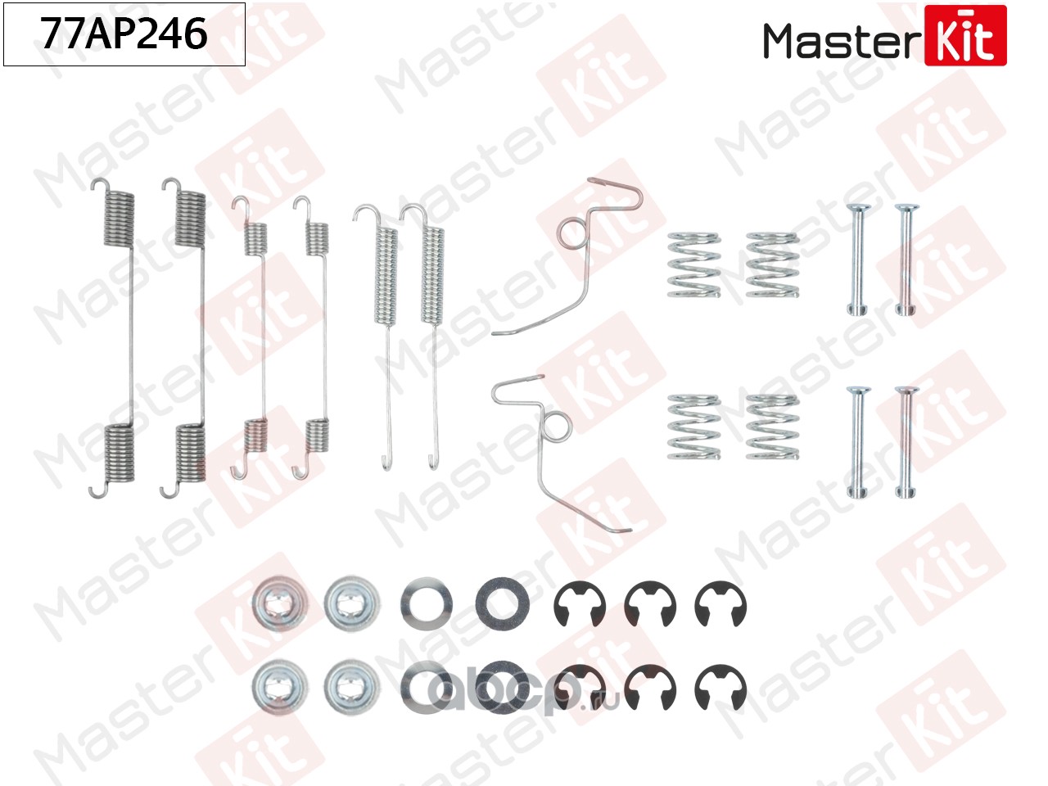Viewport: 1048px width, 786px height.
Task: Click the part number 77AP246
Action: pyautogui.click(x=124, y=34)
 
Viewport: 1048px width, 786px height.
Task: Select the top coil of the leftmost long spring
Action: pyautogui.click(x=120, y=218)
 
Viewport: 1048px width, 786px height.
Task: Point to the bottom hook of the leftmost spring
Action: pyautogui.click(x=97, y=491)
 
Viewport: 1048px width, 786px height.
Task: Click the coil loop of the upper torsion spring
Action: pyautogui.click(x=571, y=233)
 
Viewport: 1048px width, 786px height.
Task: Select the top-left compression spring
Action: pyautogui.click(x=693, y=264)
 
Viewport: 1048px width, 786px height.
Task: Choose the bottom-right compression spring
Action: pyautogui.click(x=771, y=427)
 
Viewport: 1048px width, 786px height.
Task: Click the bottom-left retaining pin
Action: pyautogui.click(x=856, y=442)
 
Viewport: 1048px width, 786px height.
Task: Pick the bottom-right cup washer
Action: pyautogui.click(x=350, y=685)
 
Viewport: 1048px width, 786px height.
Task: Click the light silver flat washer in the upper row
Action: pyautogui.click(x=427, y=605)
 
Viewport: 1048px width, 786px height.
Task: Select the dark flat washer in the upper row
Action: pyautogui.click(x=501, y=605)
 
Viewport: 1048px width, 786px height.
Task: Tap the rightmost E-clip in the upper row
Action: pyautogui.click(x=720, y=606)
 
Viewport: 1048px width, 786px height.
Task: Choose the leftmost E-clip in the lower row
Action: pyautogui.click(x=579, y=688)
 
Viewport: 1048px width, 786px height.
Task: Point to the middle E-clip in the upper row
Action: pyautogui.click(x=649, y=606)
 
